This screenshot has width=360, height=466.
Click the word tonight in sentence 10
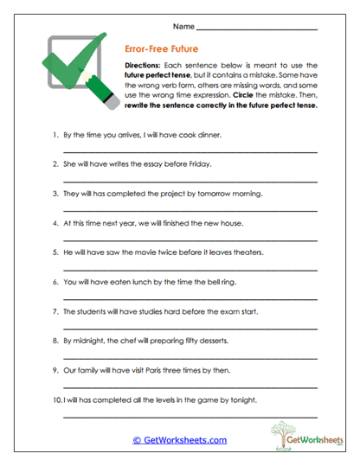[241, 399]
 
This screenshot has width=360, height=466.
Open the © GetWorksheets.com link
[180, 439]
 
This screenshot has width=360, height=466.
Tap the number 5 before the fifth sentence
[55, 252]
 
